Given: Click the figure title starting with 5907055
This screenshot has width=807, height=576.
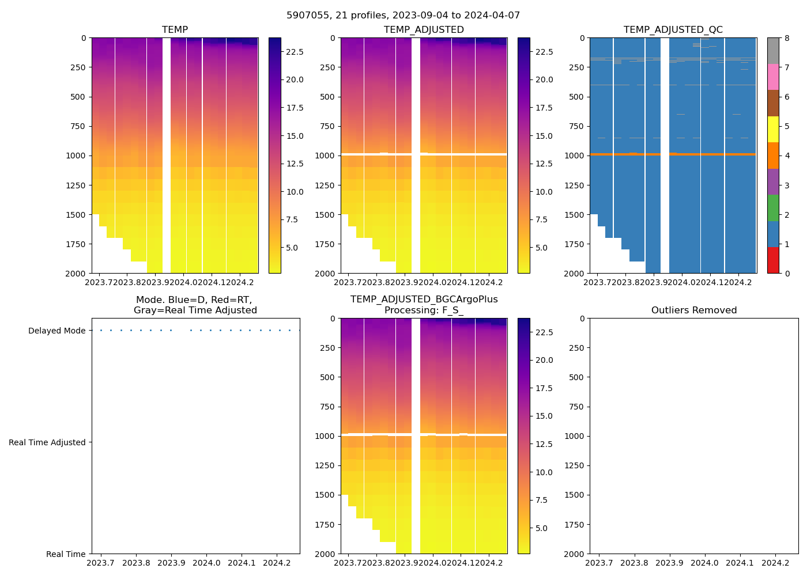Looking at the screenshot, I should [x=403, y=16].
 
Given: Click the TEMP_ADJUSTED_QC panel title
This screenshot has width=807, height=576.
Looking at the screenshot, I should [x=673, y=30].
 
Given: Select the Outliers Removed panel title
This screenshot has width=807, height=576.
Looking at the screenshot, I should [x=694, y=310].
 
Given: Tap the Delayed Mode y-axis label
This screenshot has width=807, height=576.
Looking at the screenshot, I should [x=56, y=331].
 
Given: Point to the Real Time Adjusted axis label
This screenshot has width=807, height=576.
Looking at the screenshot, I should [x=47, y=443].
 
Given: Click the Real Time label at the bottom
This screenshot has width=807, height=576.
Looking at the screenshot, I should [x=66, y=555].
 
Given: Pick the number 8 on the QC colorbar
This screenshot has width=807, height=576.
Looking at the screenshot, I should [x=786, y=38].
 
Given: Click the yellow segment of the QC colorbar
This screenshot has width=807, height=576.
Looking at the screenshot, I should [x=773, y=129].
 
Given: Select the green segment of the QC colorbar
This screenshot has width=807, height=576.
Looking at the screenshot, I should [x=773, y=208].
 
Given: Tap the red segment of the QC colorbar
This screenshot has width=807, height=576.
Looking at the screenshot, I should [x=773, y=260].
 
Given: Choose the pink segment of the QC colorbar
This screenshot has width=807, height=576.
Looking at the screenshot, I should [x=773, y=77].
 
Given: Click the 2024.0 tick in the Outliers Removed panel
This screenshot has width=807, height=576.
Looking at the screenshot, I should [x=704, y=563].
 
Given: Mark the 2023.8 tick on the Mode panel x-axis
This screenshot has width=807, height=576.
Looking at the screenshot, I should [x=137, y=563].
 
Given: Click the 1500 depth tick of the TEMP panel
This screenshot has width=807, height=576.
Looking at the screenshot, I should [x=76, y=215].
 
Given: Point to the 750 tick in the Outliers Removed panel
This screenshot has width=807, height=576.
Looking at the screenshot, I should [x=577, y=407].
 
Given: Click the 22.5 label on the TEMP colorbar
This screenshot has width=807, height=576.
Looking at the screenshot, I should [x=295, y=52].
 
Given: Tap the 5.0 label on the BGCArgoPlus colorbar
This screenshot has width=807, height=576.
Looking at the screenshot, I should [x=544, y=528].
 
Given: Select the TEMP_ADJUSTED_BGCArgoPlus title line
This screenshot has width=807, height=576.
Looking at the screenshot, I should [x=424, y=300].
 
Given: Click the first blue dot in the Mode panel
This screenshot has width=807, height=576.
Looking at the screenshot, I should [x=101, y=331].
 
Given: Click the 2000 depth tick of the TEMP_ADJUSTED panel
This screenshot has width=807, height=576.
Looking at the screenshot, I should [x=325, y=274].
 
